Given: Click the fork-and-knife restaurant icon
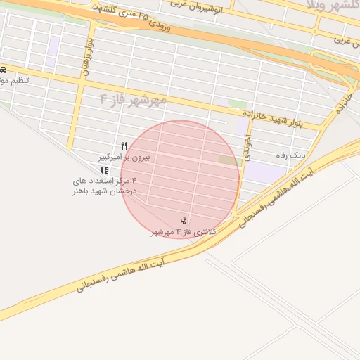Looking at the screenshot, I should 124,146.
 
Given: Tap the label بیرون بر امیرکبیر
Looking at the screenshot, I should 124,156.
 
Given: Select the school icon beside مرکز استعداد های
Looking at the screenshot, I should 104,170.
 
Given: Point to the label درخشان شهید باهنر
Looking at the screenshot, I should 103,191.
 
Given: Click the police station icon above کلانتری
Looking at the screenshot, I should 184,221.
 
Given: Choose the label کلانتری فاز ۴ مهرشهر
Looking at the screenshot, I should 185,231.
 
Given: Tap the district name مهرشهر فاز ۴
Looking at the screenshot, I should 133,100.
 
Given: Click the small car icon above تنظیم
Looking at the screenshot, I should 4,70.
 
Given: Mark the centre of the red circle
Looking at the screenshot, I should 181,180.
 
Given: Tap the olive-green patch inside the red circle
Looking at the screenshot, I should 229,160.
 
